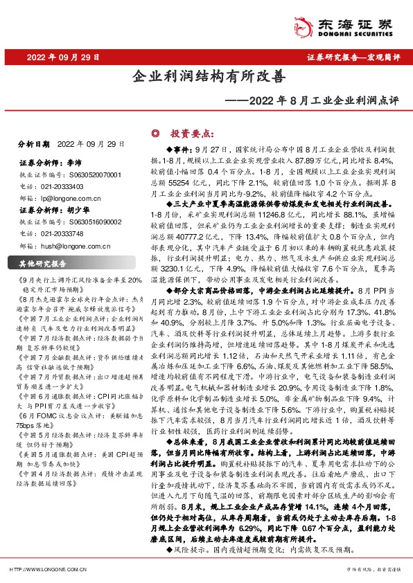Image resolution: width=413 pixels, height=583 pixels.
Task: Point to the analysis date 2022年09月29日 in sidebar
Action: pos(91,144)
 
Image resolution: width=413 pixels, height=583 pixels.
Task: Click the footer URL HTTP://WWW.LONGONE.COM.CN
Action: pos(46,569)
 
